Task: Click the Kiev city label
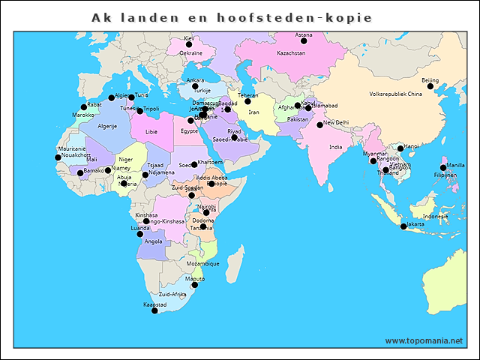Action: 188,38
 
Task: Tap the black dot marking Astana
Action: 304,41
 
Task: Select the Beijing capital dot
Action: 430,86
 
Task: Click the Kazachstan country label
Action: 291,53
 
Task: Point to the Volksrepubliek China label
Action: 397,94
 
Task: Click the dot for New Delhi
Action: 319,125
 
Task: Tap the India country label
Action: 336,147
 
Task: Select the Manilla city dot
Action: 443,168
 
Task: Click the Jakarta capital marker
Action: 403,226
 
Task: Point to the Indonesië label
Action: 435,216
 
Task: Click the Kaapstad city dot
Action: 155,310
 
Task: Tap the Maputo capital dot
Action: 195,285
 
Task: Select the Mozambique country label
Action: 202,264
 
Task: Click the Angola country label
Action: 153,241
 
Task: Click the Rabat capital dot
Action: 84,107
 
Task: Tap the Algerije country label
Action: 107,127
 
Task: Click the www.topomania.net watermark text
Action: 424,340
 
